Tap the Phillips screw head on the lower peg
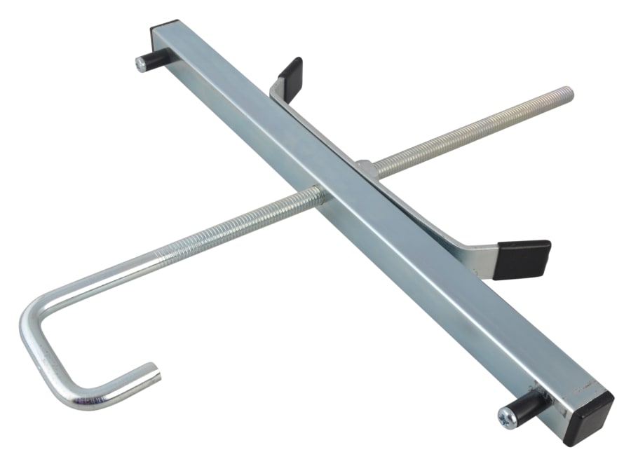tap(506, 418)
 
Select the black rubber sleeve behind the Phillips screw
tap(527, 406)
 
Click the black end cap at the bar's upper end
tap(167, 34)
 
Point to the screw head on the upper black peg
tap(140, 63)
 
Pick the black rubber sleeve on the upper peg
tap(155, 57)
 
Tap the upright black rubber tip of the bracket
tap(290, 70)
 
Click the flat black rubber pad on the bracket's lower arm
tap(522, 258)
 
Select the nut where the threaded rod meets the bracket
tap(364, 168)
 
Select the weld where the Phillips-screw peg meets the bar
tap(543, 399)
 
